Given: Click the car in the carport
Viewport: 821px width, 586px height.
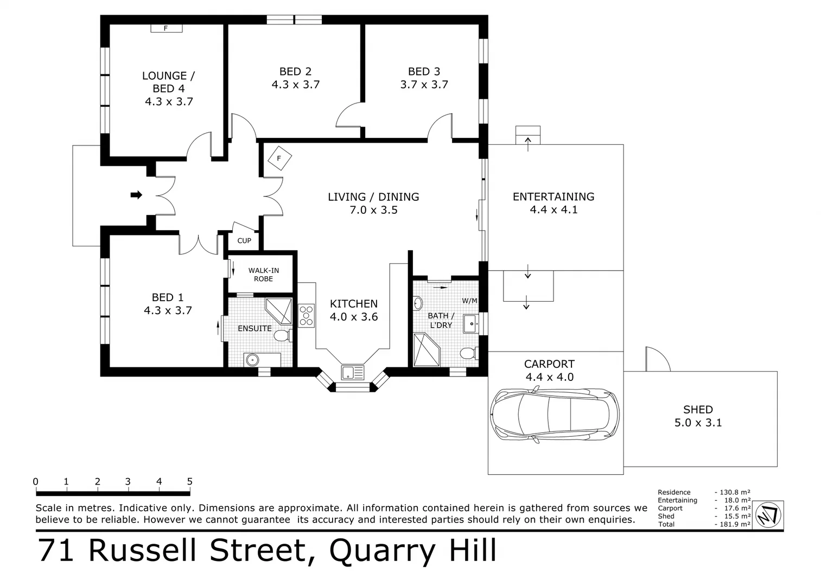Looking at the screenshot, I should coord(554,415).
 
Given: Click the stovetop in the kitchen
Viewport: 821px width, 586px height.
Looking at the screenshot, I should coord(306,315).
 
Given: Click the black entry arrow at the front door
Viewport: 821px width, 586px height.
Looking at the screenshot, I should coord(136,195).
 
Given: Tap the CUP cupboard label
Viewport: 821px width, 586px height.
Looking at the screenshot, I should coord(244,240).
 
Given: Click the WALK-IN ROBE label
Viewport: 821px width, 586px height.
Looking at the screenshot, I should coord(263,275).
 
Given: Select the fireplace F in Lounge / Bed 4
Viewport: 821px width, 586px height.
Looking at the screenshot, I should coord(166,28).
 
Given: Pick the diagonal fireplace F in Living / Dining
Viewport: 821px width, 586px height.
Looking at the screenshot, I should coord(279,158).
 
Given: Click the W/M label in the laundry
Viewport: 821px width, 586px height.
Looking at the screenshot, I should coord(469,301).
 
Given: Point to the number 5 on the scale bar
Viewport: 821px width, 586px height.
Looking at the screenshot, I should coord(189,482).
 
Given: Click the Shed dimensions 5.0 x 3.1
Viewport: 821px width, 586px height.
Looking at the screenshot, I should coord(698,423).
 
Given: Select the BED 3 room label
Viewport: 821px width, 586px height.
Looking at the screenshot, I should coord(424,72).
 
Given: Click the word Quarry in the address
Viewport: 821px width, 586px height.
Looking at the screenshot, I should coord(373,550).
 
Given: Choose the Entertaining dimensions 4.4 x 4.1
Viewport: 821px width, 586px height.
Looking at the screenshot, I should coord(553,210).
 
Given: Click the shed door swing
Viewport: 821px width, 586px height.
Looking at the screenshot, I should coord(657,360).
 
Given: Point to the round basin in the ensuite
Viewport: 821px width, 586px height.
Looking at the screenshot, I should coord(251,359).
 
